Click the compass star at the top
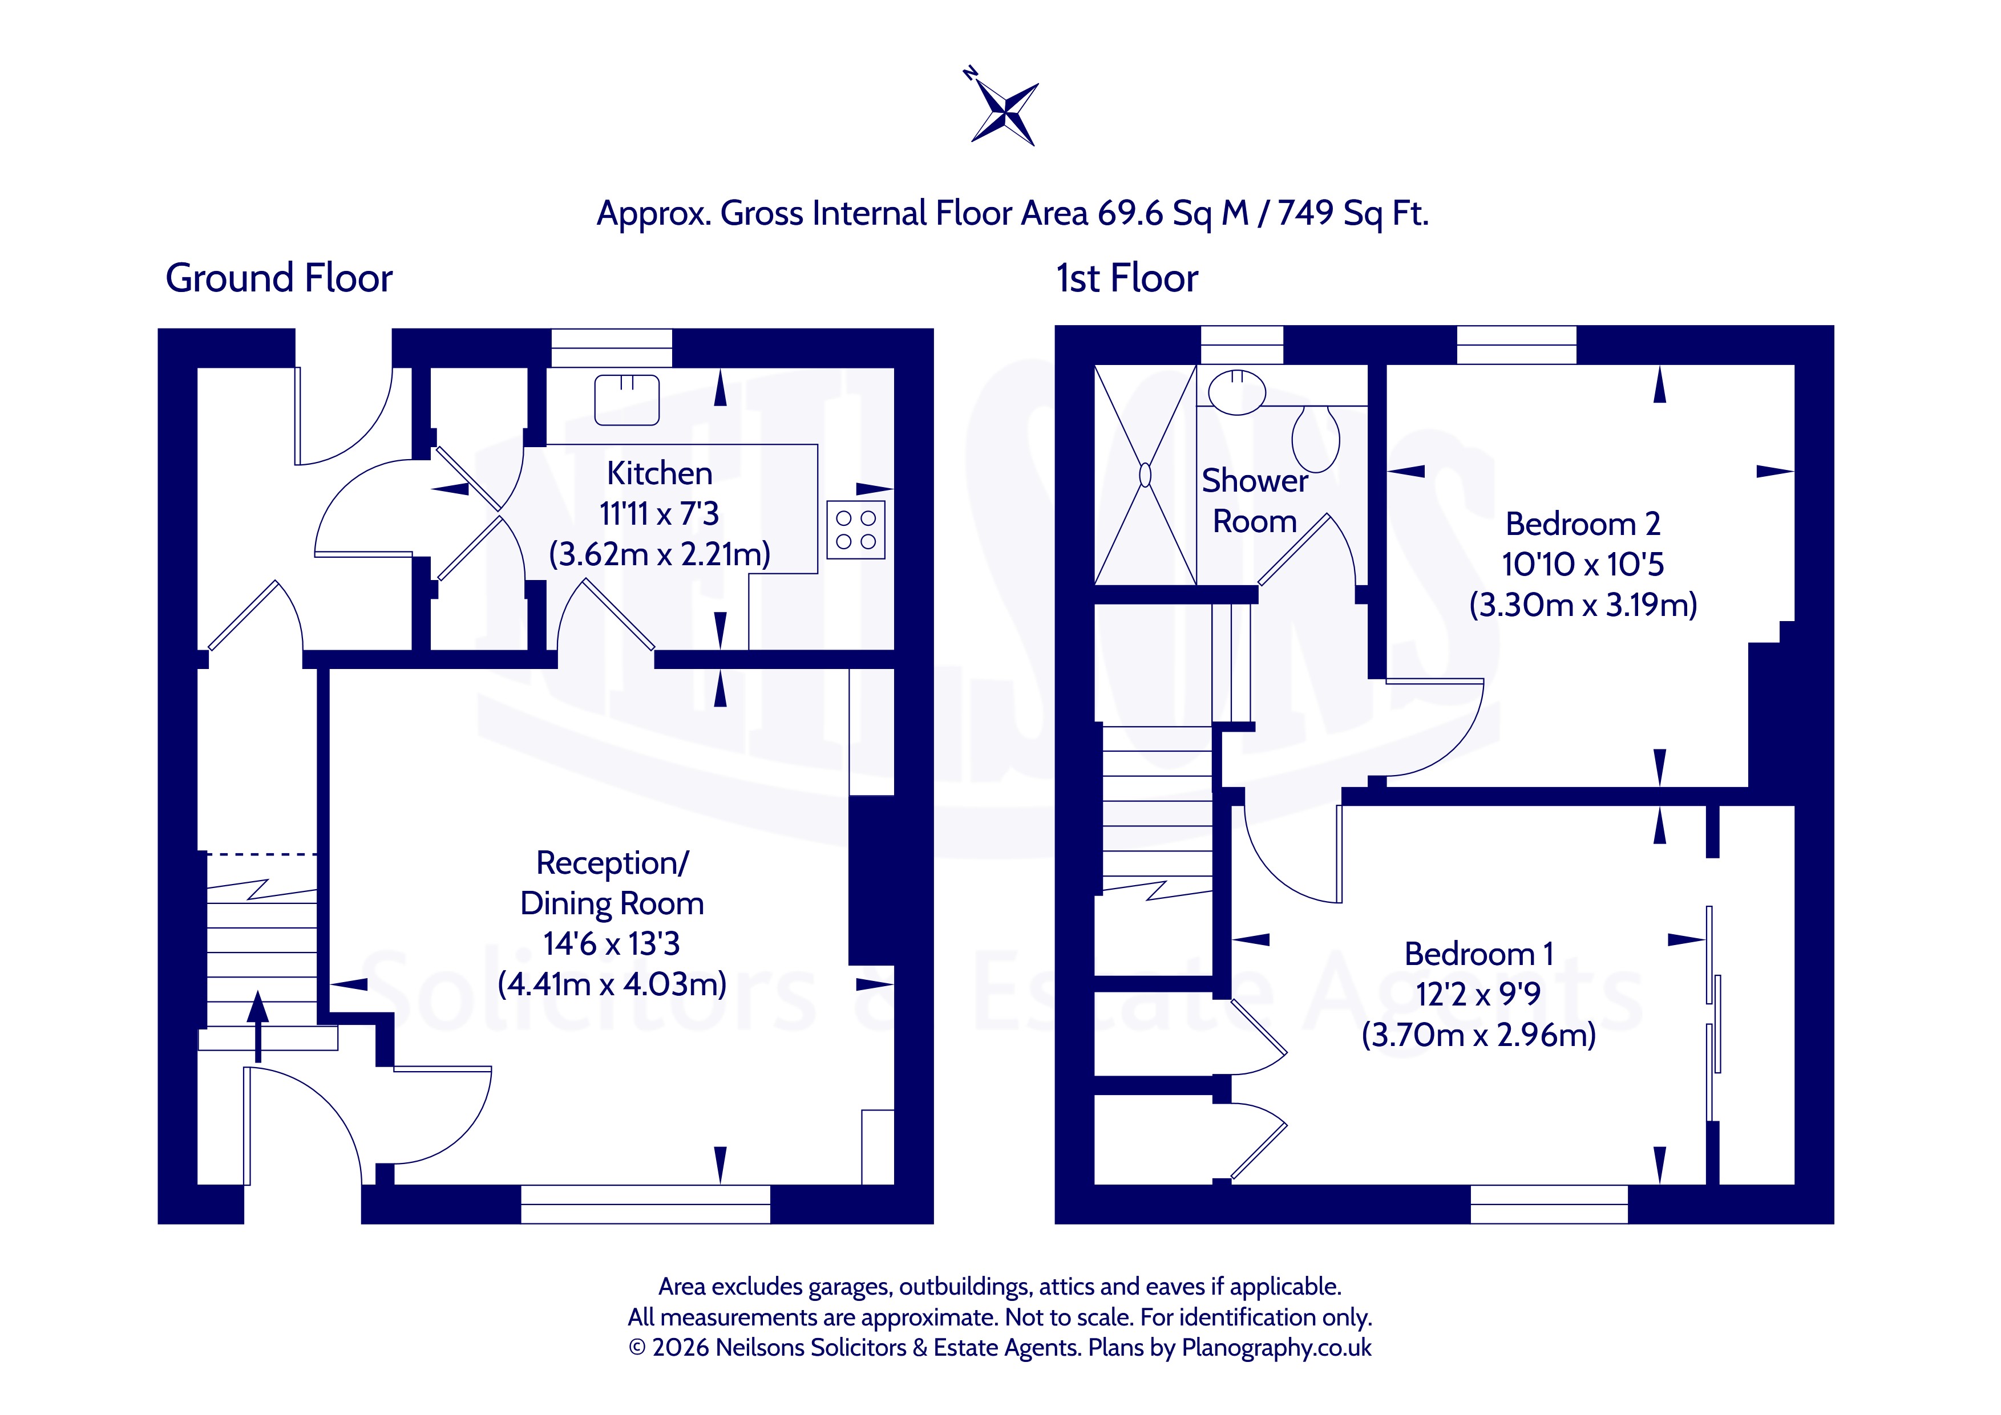(x=1005, y=112)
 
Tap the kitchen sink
(x=626, y=400)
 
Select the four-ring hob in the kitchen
(x=856, y=530)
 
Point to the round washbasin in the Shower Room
(x=1236, y=391)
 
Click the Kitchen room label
(x=660, y=473)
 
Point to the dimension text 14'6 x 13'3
(x=612, y=944)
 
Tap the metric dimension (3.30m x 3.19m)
(x=1583, y=604)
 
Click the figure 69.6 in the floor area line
(x=1130, y=213)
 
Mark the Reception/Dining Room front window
(x=646, y=1204)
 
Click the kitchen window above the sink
(x=612, y=348)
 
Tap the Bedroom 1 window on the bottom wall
(x=1549, y=1204)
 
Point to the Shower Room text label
(x=1255, y=501)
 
